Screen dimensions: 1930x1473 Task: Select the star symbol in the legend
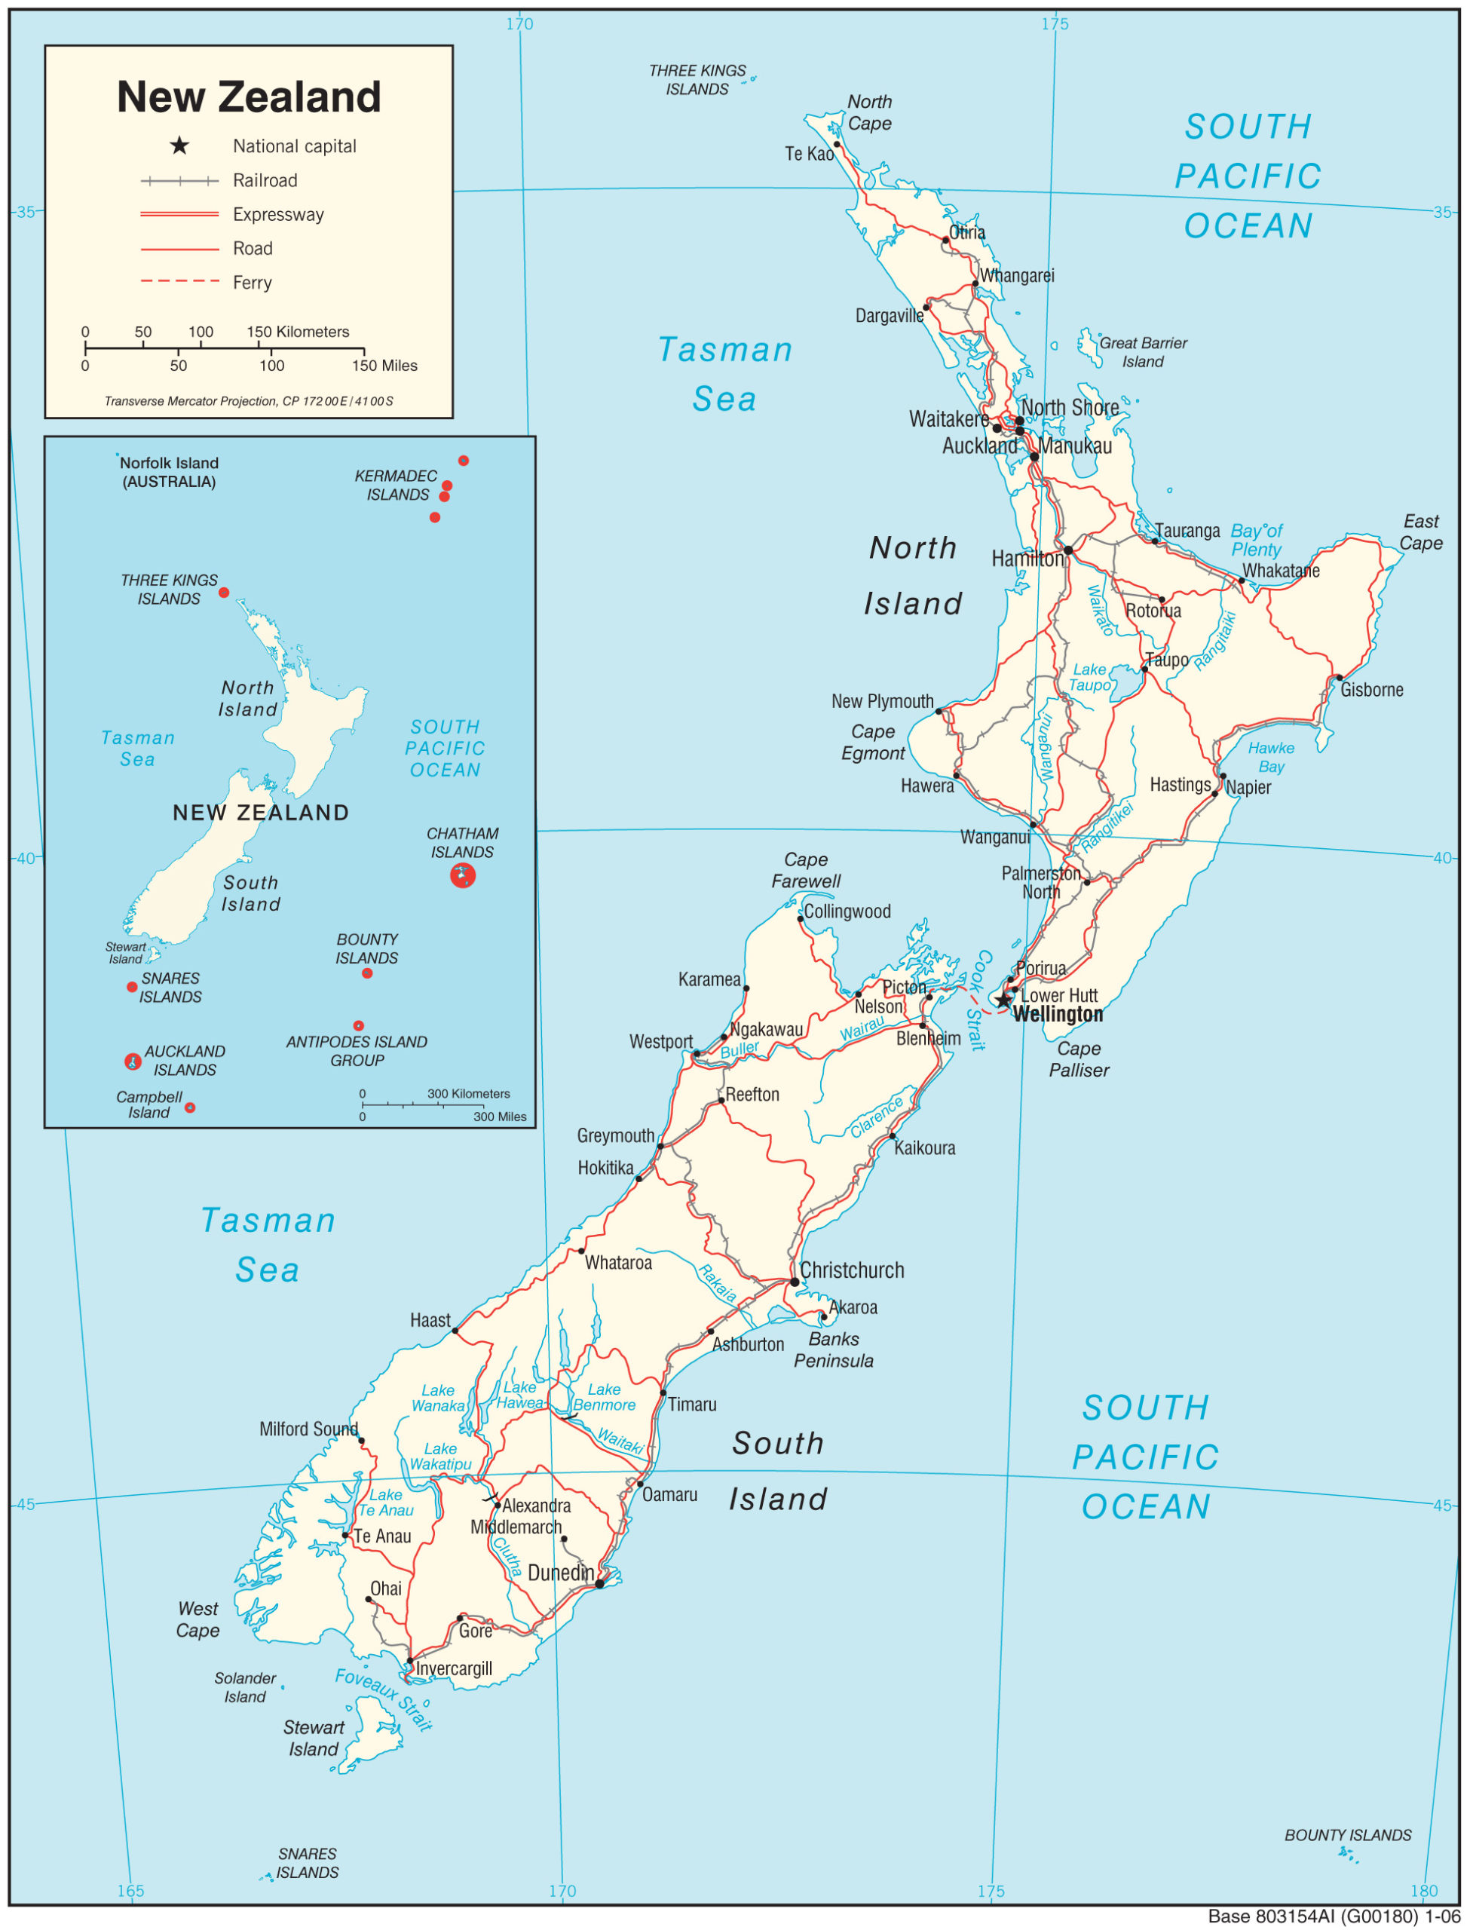pos(179,146)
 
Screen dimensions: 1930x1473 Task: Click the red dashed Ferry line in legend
pos(179,281)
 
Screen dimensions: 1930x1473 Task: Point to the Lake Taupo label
pos(1090,677)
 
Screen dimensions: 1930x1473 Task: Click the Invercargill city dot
pos(409,1661)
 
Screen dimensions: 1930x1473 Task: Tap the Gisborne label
pos(1371,690)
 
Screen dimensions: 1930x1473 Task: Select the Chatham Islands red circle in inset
pos(463,875)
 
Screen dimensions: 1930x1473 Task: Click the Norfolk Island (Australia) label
pos(169,472)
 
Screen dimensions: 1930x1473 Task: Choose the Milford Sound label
pos(308,1429)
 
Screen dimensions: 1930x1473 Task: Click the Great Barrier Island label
pos(1143,351)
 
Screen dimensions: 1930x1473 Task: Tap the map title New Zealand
pos(249,96)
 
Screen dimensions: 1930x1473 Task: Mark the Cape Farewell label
pos(806,870)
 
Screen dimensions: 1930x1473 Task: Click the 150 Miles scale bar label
pos(385,366)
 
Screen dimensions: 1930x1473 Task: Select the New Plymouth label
pos(882,701)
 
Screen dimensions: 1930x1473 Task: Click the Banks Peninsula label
pos(834,1349)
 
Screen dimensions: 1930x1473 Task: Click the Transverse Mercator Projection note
pos(249,401)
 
